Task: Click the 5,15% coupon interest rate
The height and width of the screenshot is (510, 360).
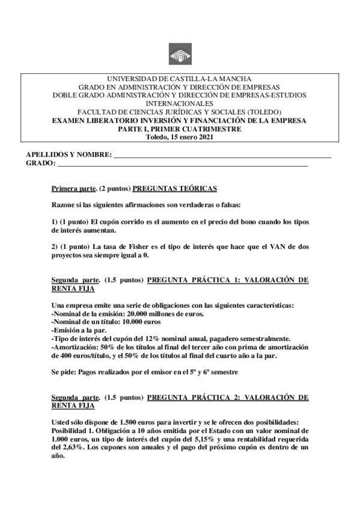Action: (204, 440)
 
